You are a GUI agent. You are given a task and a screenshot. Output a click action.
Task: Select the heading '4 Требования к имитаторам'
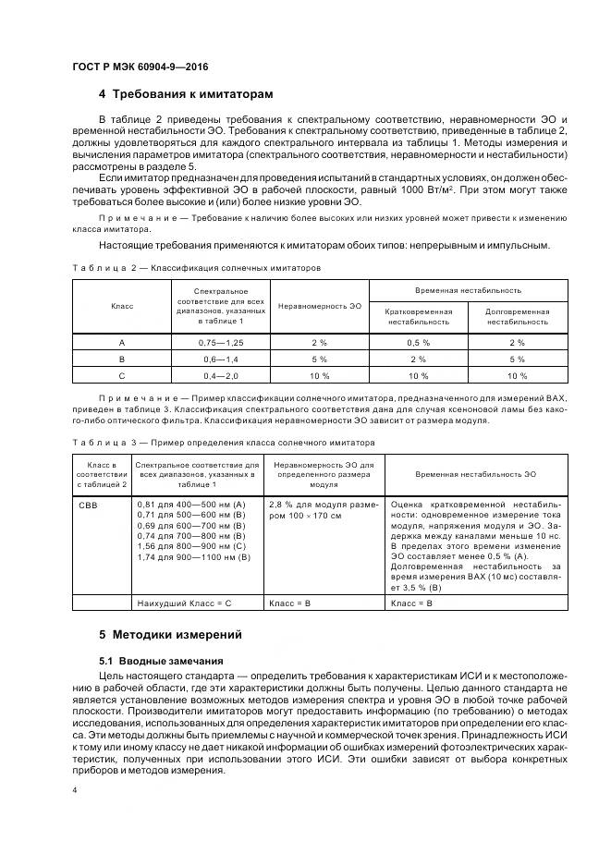coord(186,94)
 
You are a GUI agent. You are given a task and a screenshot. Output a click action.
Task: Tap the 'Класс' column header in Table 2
coord(122,306)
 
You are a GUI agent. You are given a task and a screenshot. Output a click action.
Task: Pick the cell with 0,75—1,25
coord(221,342)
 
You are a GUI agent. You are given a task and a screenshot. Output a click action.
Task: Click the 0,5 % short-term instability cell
coord(419,342)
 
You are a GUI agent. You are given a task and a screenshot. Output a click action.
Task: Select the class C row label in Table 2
coord(122,375)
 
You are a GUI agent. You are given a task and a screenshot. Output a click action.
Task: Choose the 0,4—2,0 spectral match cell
coord(221,375)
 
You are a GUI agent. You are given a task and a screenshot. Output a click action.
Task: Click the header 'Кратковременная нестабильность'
coord(419,317)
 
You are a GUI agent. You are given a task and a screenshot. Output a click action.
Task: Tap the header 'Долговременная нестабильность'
coord(517,317)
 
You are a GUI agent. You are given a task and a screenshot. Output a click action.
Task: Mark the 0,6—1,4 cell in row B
coord(221,359)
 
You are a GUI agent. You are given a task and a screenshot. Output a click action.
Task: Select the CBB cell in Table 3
coord(88,506)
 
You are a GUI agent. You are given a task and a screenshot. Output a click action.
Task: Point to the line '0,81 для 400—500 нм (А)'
coord(190,505)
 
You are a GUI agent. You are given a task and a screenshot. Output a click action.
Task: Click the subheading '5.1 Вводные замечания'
coord(160,661)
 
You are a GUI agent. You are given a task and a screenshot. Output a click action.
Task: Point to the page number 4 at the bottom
coord(74,790)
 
